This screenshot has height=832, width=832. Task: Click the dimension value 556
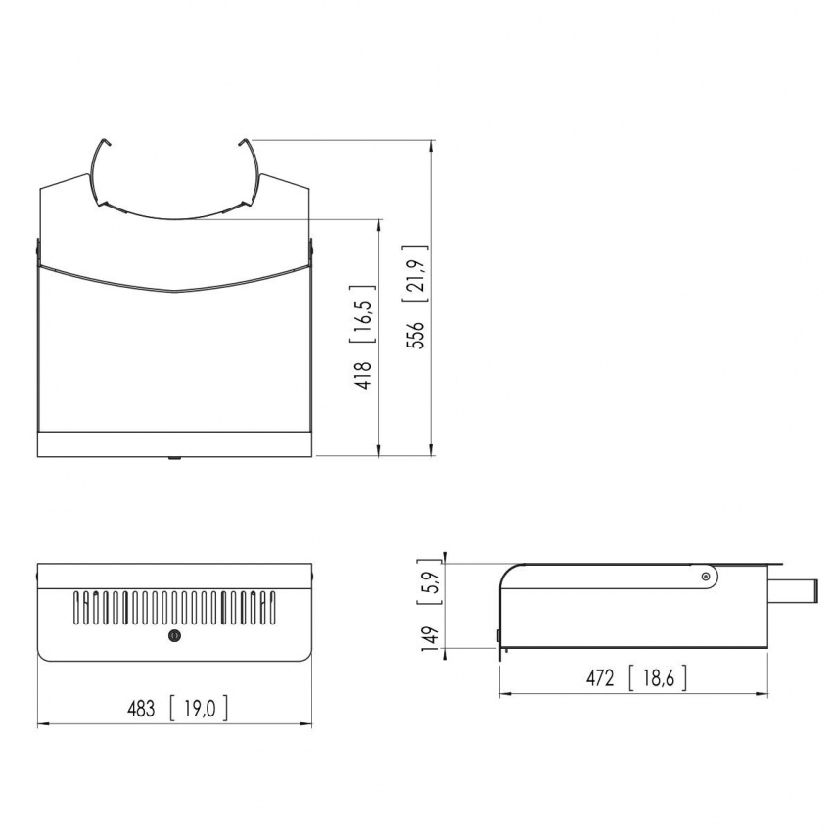(417, 335)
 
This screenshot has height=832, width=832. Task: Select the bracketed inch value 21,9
(417, 270)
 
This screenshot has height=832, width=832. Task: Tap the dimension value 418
(364, 375)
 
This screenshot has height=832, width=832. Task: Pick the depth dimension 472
(599, 677)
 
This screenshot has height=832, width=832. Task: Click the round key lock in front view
(175, 636)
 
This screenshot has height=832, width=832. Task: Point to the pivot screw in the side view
(706, 578)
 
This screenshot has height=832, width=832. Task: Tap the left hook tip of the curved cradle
(111, 142)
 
